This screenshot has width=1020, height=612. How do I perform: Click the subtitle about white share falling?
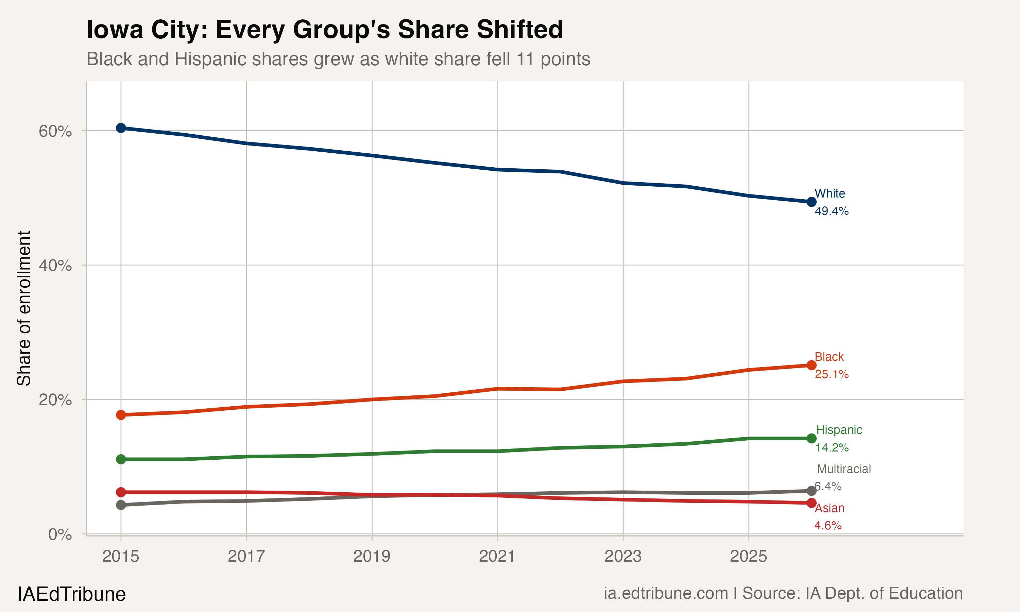pyautogui.click(x=338, y=59)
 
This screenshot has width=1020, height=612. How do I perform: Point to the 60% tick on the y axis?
pyautogui.click(x=55, y=131)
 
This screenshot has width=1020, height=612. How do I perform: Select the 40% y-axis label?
pyautogui.click(x=55, y=266)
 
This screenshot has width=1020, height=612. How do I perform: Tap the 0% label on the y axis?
pyautogui.click(x=60, y=534)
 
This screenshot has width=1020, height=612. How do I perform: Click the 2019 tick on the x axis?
pyautogui.click(x=372, y=556)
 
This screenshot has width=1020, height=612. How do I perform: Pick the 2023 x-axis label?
pyautogui.click(x=623, y=556)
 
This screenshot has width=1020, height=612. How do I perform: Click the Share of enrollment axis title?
pyautogui.click(x=24, y=308)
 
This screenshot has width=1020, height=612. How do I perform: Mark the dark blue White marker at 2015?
pyautogui.click(x=121, y=128)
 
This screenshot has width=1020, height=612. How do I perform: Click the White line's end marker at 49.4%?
pyautogui.click(x=811, y=202)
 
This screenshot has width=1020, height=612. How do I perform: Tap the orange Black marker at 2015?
pyautogui.click(x=121, y=415)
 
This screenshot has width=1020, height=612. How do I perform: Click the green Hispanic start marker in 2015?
pyautogui.click(x=121, y=459)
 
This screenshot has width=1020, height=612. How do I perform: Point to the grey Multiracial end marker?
pyautogui.click(x=811, y=490)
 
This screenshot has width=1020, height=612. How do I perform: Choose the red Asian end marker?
pyautogui.click(x=811, y=503)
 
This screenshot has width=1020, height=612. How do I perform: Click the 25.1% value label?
pyautogui.click(x=832, y=374)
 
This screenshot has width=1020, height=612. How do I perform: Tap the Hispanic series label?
pyautogui.click(x=839, y=430)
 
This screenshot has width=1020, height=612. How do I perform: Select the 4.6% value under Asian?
pyautogui.click(x=828, y=525)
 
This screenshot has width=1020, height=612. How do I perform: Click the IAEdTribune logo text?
pyautogui.click(x=71, y=594)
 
